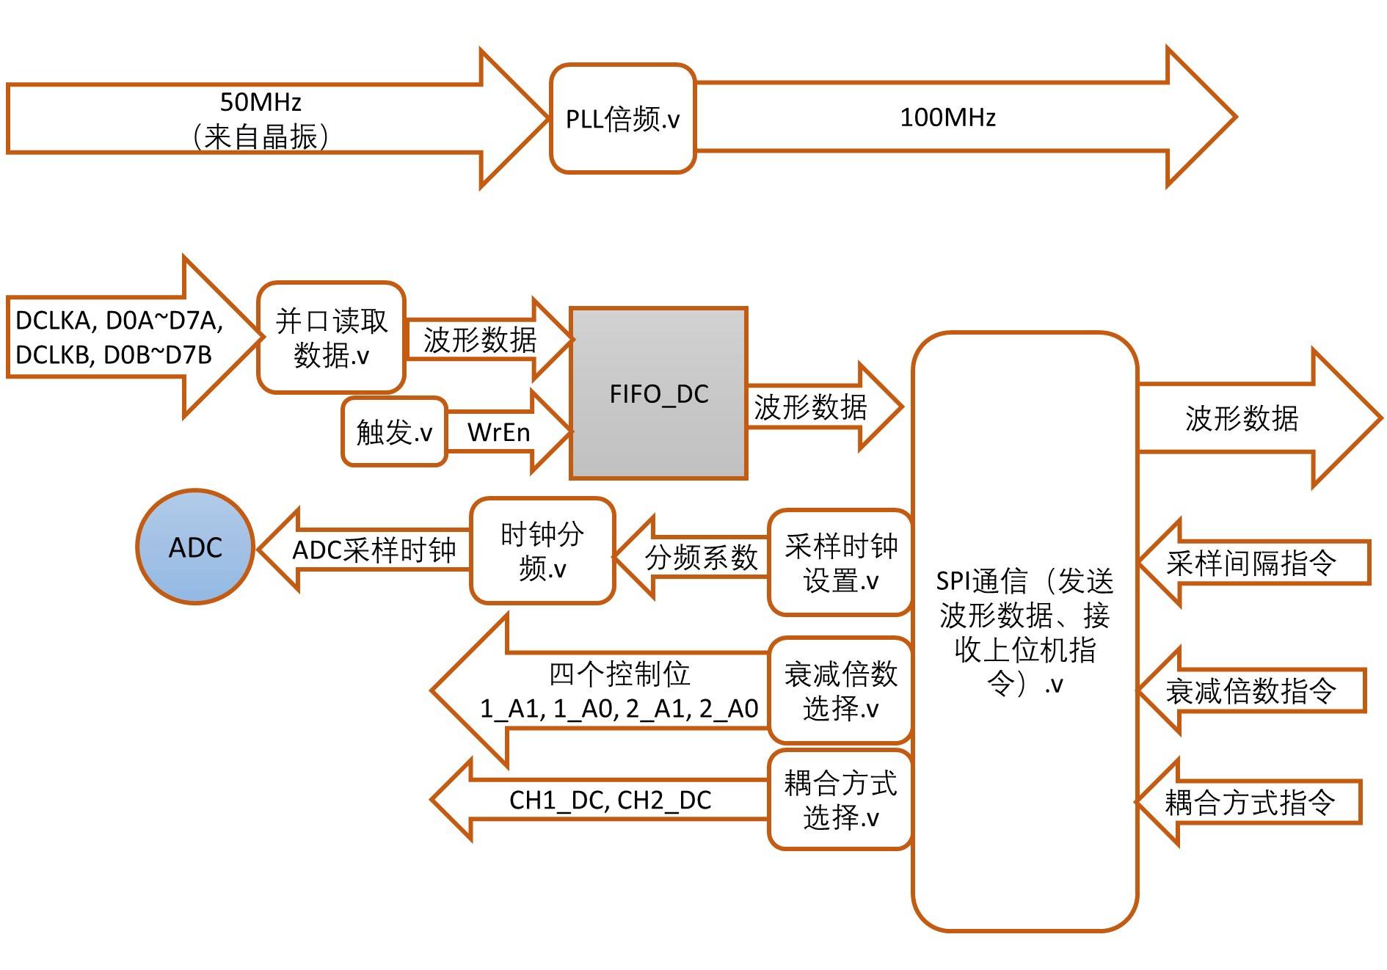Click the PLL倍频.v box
click(622, 119)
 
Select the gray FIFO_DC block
click(658, 393)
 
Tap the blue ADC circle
click(195, 547)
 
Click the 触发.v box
click(394, 431)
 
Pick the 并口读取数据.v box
click(331, 338)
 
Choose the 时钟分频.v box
click(542, 551)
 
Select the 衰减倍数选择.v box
click(841, 690)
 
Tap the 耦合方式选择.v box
click(841, 799)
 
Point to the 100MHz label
click(947, 117)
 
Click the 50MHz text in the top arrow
click(261, 101)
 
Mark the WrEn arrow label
click(499, 432)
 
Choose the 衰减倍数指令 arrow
click(1251, 690)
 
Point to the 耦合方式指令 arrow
click(1248, 802)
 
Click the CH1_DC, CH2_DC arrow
click(600, 799)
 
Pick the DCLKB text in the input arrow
click(54, 355)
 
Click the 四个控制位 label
click(620, 674)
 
